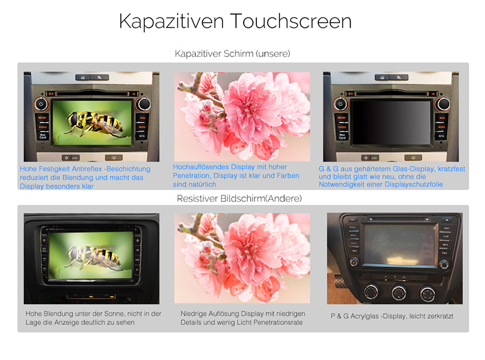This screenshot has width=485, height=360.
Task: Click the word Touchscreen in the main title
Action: tap(291, 21)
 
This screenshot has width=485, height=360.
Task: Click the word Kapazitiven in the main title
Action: tap(172, 22)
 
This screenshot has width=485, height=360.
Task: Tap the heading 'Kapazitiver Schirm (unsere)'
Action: tap(232, 54)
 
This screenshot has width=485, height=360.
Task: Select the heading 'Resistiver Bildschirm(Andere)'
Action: tap(239, 199)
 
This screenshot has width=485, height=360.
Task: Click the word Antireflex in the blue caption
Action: tap(87, 169)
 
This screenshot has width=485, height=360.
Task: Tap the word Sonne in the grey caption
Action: tap(113, 313)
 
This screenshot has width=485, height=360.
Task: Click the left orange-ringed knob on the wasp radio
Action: tap(41, 104)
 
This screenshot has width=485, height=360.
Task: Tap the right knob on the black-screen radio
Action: tap(443, 104)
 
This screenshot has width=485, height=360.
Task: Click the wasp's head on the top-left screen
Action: tap(73, 119)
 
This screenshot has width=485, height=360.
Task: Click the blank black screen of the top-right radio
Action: tap(391, 122)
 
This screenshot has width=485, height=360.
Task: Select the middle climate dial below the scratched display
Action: tap(399, 292)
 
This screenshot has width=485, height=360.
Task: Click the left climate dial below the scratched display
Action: tap(371, 291)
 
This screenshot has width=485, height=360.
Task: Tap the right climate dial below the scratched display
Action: tap(427, 293)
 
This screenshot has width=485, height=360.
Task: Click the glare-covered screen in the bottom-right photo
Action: tap(400, 244)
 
